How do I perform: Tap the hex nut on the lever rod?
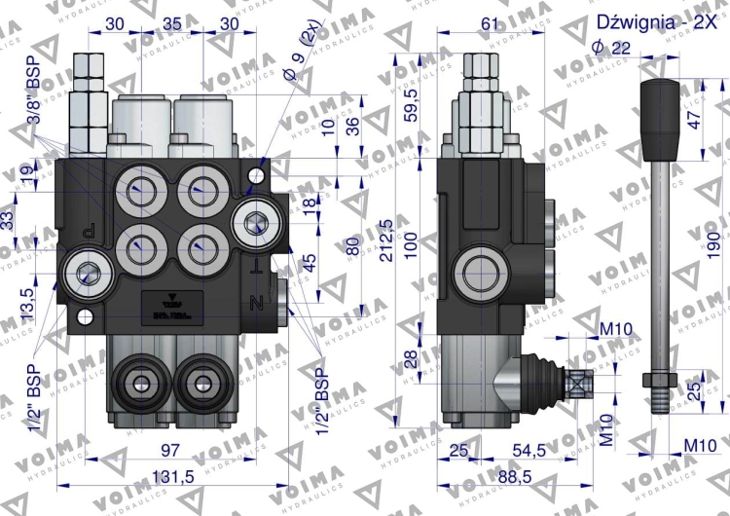pyautogui.click(x=656, y=377)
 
